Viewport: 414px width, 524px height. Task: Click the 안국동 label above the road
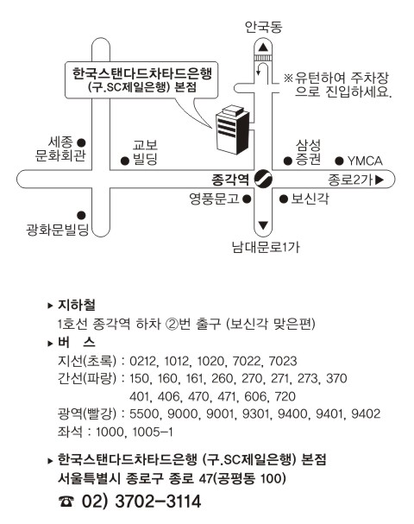pyautogui.click(x=263, y=27)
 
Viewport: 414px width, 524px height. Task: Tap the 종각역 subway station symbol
pyautogui.click(x=263, y=179)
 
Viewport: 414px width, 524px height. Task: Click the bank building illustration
pyautogui.click(x=232, y=129)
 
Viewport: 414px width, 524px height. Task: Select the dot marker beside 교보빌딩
pyautogui.click(x=125, y=161)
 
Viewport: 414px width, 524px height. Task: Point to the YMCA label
pyautogui.click(x=365, y=161)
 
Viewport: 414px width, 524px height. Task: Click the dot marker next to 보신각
pyautogui.click(x=284, y=199)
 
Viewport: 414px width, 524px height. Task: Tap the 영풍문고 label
pyautogui.click(x=214, y=199)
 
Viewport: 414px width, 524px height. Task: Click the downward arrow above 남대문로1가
pyautogui.click(x=263, y=225)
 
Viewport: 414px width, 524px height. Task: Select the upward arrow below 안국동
pyautogui.click(x=263, y=47)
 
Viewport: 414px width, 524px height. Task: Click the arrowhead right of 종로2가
pyautogui.click(x=379, y=180)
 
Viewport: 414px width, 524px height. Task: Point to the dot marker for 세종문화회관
pyautogui.click(x=81, y=142)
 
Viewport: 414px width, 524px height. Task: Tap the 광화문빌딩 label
pyautogui.click(x=58, y=230)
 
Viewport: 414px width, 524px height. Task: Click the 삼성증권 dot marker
pyautogui.click(x=288, y=161)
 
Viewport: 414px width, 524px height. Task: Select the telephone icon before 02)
pyautogui.click(x=66, y=502)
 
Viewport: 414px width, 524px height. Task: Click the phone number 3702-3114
pyautogui.click(x=158, y=502)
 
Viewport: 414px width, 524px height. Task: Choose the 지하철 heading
pyautogui.click(x=77, y=305)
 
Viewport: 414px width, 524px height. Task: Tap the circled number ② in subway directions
pyautogui.click(x=172, y=324)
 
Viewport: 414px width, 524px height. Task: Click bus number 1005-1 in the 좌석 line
pyautogui.click(x=153, y=432)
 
